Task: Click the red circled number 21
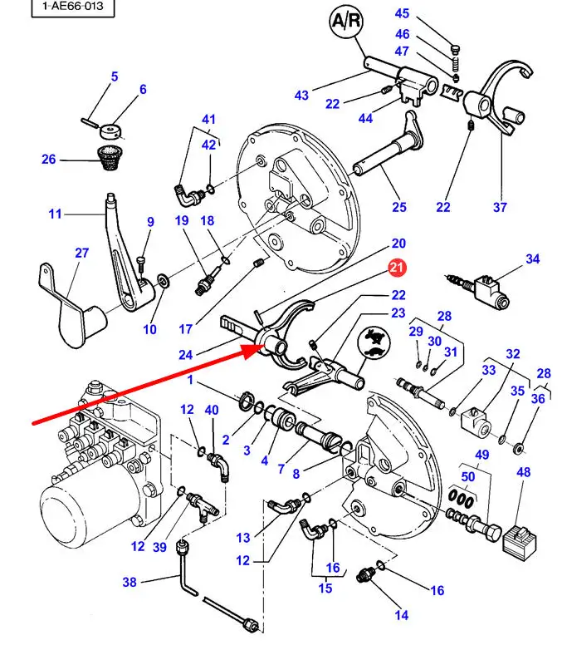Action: point(397,268)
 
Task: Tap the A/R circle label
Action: point(347,21)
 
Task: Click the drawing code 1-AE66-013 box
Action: point(73,7)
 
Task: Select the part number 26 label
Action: point(48,160)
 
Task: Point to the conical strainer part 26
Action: point(109,158)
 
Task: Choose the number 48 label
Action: point(524,472)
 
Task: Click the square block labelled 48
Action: point(520,542)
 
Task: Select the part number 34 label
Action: point(533,259)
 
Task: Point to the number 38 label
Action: point(130,582)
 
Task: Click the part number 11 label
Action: point(55,214)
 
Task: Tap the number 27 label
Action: point(82,253)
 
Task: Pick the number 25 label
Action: point(399,207)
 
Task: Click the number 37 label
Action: point(500,207)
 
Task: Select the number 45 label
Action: point(402,13)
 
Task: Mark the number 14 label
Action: point(401,615)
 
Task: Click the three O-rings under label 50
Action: point(461,500)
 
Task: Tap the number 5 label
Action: point(115,76)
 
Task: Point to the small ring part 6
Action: point(110,131)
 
